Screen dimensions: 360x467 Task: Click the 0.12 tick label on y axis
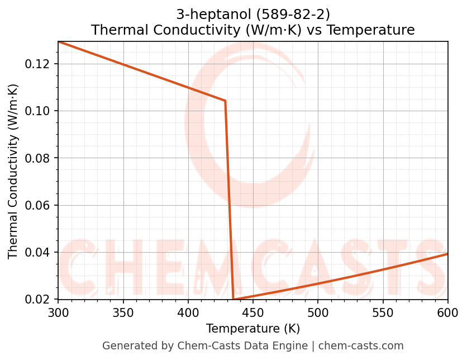coord(37,64)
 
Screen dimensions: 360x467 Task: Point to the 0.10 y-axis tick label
coord(37,111)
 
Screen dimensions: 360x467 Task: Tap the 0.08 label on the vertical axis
coord(37,158)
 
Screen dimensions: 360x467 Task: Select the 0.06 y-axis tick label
coord(37,205)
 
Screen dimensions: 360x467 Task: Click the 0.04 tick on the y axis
coord(37,252)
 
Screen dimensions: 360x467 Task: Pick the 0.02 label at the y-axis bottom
coord(37,299)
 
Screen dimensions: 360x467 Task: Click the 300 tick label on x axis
coord(58,312)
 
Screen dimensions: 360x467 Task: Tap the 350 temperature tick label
coord(123,312)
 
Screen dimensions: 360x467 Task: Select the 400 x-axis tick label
coord(188,312)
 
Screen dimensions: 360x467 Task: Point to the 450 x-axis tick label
coord(252,312)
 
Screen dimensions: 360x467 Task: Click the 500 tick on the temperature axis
coord(318,312)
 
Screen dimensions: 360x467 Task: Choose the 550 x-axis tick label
coord(383,312)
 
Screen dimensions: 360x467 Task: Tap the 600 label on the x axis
coord(447,312)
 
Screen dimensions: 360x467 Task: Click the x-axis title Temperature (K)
coord(252,329)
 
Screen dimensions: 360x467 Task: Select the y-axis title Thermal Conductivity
coord(13,171)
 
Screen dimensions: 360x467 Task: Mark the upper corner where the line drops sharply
coord(225,101)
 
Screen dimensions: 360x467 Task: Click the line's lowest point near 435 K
coord(233,299)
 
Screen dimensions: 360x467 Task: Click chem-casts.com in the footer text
coord(360,346)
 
